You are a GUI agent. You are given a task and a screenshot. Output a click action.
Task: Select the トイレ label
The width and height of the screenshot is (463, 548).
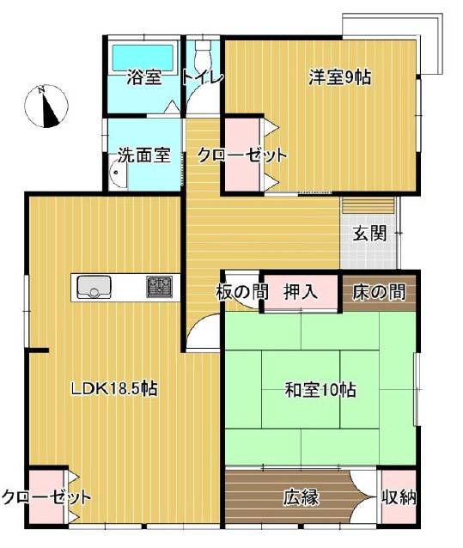pos(203,77)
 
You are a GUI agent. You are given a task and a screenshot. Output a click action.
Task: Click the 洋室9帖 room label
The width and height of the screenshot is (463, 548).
pos(340,77)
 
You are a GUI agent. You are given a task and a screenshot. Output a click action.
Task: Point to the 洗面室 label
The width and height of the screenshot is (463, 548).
pos(143,156)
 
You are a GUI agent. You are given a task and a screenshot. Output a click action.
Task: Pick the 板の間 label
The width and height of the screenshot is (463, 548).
pos(241,292)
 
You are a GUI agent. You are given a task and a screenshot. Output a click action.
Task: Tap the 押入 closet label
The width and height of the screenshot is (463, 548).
pos(301,292)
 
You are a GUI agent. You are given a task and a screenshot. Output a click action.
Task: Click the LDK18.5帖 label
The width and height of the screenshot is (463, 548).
pos(113,388)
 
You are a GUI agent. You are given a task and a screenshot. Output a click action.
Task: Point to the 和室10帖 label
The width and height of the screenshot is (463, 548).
pos(320,389)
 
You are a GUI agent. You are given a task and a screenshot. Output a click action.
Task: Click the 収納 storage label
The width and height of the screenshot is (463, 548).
pos(399,496)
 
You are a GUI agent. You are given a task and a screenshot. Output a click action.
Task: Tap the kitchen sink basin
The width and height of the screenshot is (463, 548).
pos(91,287)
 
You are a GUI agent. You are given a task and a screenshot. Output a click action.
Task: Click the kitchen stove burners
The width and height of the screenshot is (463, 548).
pos(159,285)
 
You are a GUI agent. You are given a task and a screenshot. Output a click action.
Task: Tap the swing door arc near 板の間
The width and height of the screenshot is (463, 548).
pos(204,331)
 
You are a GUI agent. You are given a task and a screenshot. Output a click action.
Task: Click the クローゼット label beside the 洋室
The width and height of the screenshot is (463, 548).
pos(241,156)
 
